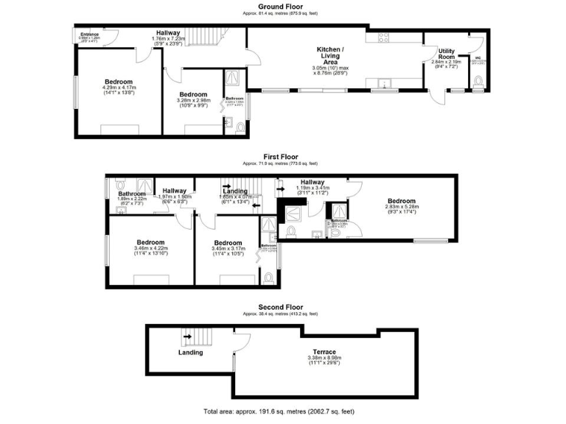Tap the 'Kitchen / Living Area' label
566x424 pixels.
click(x=329, y=56)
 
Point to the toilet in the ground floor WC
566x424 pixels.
click(x=479, y=81)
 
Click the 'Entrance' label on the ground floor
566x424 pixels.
click(x=89, y=33)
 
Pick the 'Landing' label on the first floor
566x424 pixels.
click(x=235, y=191)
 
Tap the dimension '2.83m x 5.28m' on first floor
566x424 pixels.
click(x=402, y=207)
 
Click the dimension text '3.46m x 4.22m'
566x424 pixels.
click(x=150, y=248)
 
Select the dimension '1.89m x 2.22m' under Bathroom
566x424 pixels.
click(x=133, y=199)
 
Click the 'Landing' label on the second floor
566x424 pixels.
click(x=190, y=353)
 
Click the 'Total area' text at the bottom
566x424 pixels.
click(x=282, y=410)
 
